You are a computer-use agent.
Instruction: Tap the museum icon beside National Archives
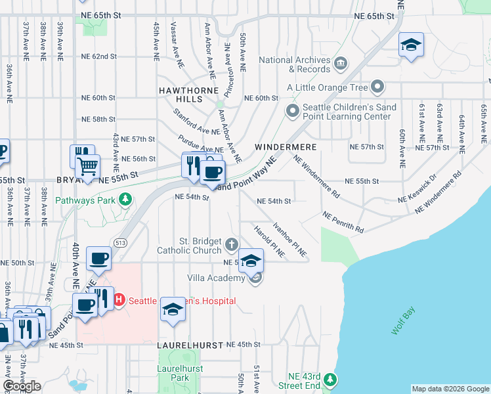tap(341, 64)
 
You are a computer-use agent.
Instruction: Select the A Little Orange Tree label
tap(327, 87)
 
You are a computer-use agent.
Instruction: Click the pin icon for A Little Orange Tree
tap(377, 87)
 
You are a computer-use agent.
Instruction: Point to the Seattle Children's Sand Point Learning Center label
tap(346, 112)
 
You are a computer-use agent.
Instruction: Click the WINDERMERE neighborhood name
tap(286, 147)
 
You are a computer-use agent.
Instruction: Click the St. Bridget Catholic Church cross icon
tap(230, 246)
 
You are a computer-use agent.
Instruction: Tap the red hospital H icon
tap(119, 301)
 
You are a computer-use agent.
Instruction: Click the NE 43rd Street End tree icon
tap(331, 380)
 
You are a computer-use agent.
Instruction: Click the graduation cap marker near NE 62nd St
tap(411, 45)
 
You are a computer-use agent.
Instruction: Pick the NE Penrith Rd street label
tap(344, 222)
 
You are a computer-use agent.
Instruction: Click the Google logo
tap(22, 386)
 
